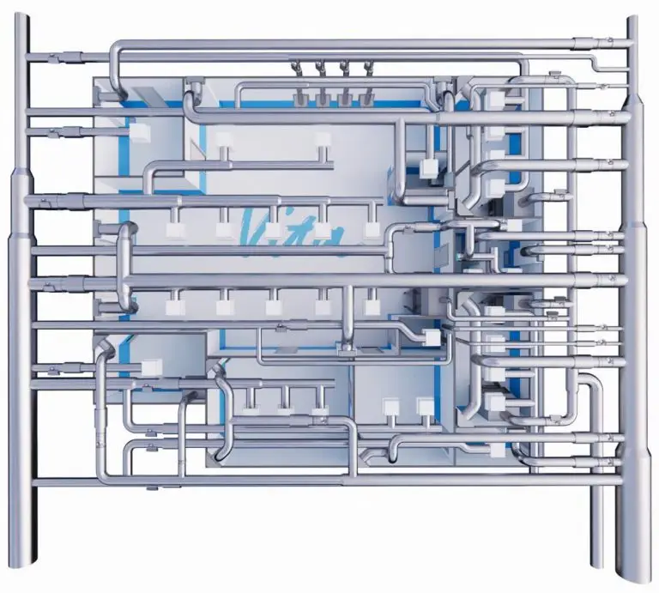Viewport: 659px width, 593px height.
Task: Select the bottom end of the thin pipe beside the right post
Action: pos(598,564)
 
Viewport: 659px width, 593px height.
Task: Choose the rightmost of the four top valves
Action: pos(368,67)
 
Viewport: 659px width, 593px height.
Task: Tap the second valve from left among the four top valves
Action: pos(319,67)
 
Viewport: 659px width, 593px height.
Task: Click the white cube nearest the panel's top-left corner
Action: pos(139,131)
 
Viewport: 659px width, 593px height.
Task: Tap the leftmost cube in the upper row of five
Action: pos(173,228)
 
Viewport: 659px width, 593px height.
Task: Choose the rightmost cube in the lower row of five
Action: pos(372,306)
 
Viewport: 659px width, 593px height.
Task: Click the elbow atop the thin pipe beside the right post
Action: pos(591,383)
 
